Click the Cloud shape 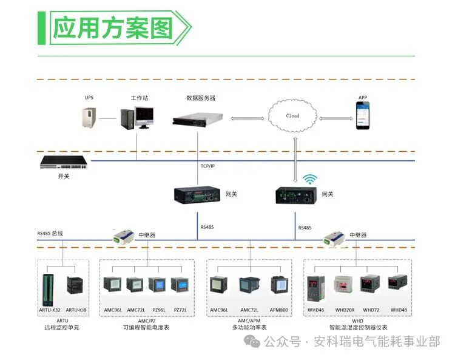click(x=293, y=116)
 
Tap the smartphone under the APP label click(x=363, y=115)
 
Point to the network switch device click(x=64, y=162)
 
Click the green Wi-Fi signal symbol click(x=310, y=179)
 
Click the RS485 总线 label click(x=50, y=233)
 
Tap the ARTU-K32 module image click(x=50, y=288)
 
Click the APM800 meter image click(x=278, y=285)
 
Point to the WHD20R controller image click(x=344, y=287)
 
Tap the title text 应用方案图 click(x=113, y=28)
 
